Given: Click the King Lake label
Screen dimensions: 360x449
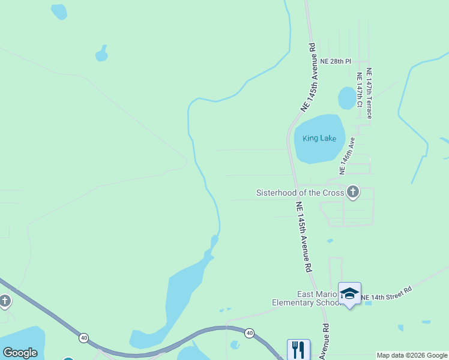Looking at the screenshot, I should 319,139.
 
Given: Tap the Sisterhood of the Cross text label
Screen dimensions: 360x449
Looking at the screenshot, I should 300,193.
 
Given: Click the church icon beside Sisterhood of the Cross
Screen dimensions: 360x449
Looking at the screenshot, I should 353,193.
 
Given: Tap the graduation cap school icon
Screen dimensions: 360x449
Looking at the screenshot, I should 349,293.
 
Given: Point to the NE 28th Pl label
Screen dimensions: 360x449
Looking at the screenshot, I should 335,61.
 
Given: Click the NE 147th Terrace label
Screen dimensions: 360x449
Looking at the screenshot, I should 369,93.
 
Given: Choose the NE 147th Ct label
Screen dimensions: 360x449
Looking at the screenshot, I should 360,90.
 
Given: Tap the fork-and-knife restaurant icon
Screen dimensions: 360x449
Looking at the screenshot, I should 298,349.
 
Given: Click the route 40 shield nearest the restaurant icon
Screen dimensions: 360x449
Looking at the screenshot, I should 249,332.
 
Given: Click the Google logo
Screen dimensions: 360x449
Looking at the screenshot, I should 20,352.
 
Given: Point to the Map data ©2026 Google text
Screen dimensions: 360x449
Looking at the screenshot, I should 412,355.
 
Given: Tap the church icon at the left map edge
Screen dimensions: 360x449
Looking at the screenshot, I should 5,301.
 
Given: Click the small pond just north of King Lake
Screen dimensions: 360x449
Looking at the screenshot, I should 347,98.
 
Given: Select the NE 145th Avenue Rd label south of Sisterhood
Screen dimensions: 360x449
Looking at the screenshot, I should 305,237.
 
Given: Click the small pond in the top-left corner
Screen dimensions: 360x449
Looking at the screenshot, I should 59,11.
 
